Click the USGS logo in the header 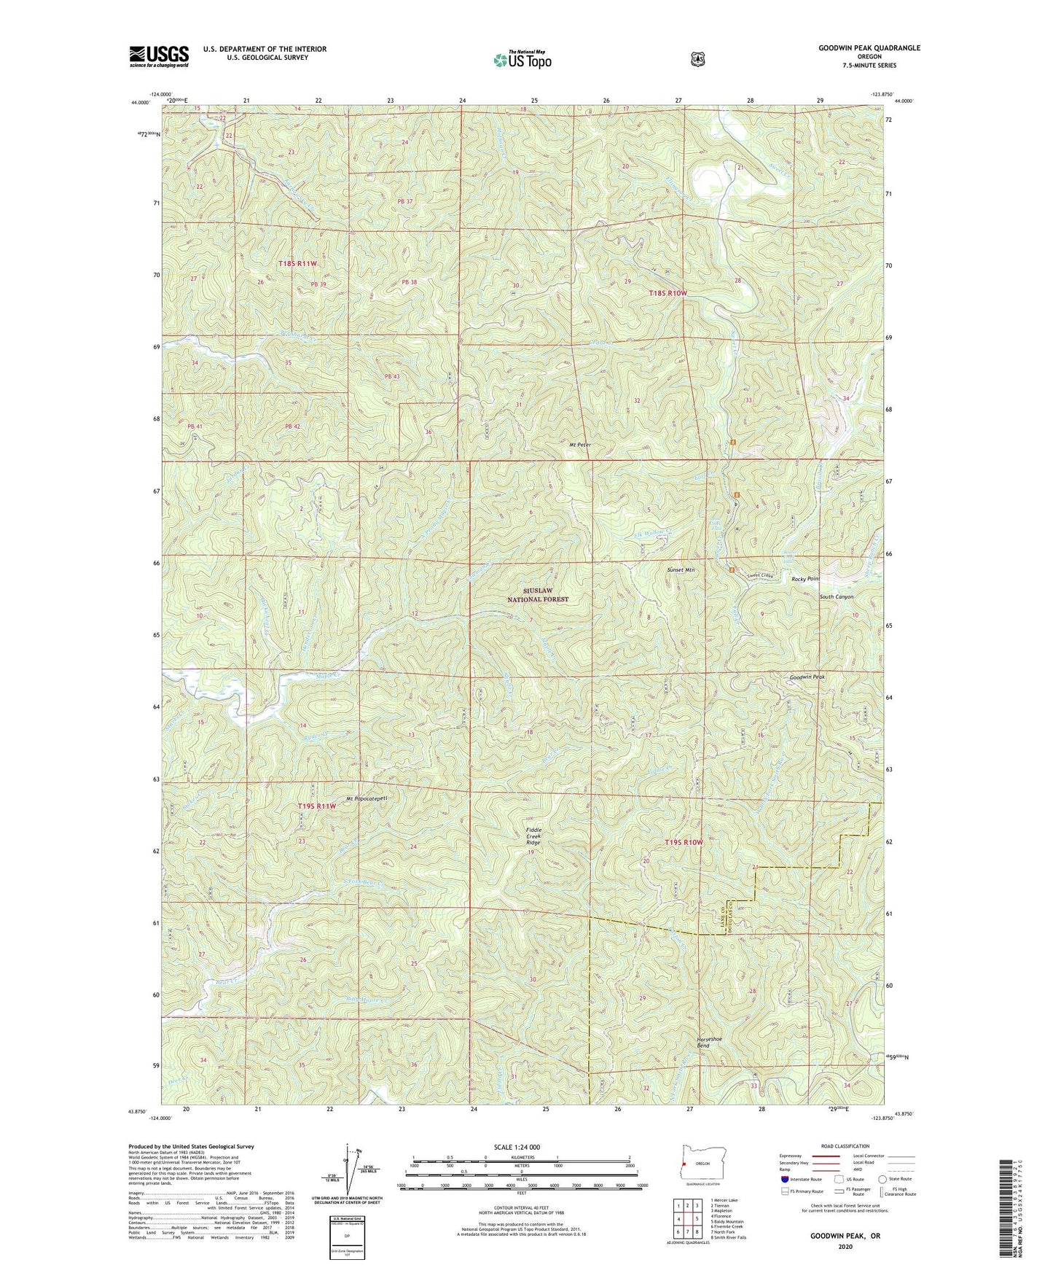point(159,56)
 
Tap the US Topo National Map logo point(522,60)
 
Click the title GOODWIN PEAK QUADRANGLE point(869,48)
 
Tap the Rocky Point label point(806,579)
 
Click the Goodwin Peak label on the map point(807,677)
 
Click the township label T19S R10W point(684,842)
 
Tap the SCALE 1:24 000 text point(517,1147)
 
